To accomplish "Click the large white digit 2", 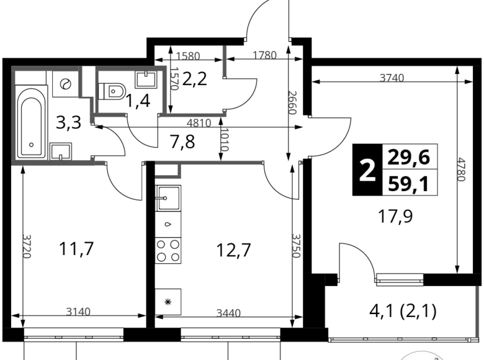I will [x=368, y=170].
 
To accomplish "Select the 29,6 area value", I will [x=409, y=158].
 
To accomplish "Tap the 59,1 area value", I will [x=409, y=184].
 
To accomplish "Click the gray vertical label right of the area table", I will [x=461, y=169].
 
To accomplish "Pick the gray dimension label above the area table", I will [x=392, y=77].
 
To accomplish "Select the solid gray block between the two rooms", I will [x=109, y=112].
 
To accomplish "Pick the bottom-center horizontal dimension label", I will [x=228, y=312].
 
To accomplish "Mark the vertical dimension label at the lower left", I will [x=26, y=246].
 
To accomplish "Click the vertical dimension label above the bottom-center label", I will [x=296, y=246].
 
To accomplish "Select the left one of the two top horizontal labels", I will [x=189, y=56].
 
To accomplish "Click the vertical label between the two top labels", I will [x=224, y=60].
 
